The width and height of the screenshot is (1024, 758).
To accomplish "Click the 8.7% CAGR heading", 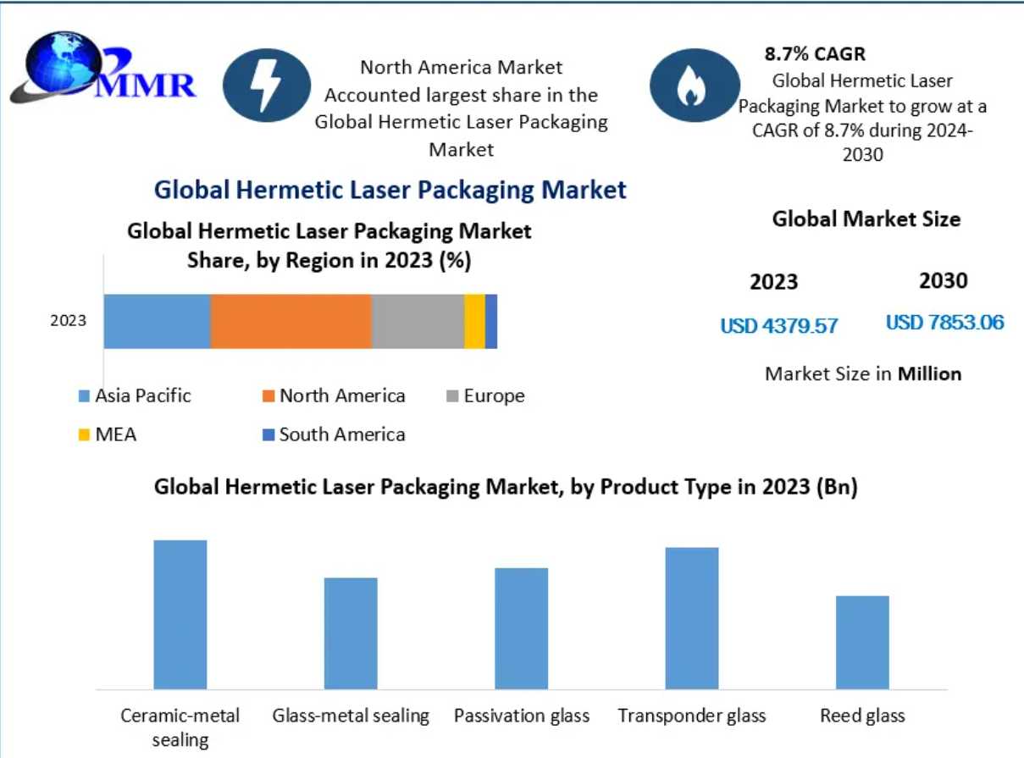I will [x=815, y=55].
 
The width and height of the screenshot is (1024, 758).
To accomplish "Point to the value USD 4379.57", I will [x=778, y=325].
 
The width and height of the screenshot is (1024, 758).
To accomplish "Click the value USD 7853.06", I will [x=944, y=323].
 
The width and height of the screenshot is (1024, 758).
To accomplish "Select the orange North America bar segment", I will [x=291, y=322].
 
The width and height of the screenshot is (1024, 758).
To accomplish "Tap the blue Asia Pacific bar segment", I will [x=157, y=322].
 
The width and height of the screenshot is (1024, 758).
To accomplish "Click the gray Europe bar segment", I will [x=418, y=322].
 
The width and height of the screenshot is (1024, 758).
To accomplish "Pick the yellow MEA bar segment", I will [x=474, y=322].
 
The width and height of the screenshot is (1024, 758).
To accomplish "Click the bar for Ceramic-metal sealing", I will [x=180, y=614].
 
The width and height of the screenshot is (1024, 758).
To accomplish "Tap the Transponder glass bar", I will [x=692, y=617].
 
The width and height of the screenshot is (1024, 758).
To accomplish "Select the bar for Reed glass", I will [x=862, y=642].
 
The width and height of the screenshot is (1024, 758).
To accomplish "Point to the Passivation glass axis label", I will [x=522, y=716].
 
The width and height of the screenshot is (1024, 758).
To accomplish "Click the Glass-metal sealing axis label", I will [x=351, y=716].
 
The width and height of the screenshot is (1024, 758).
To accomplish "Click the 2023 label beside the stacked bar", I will [x=69, y=321].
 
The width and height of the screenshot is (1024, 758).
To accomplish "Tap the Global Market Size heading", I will [x=866, y=219].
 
